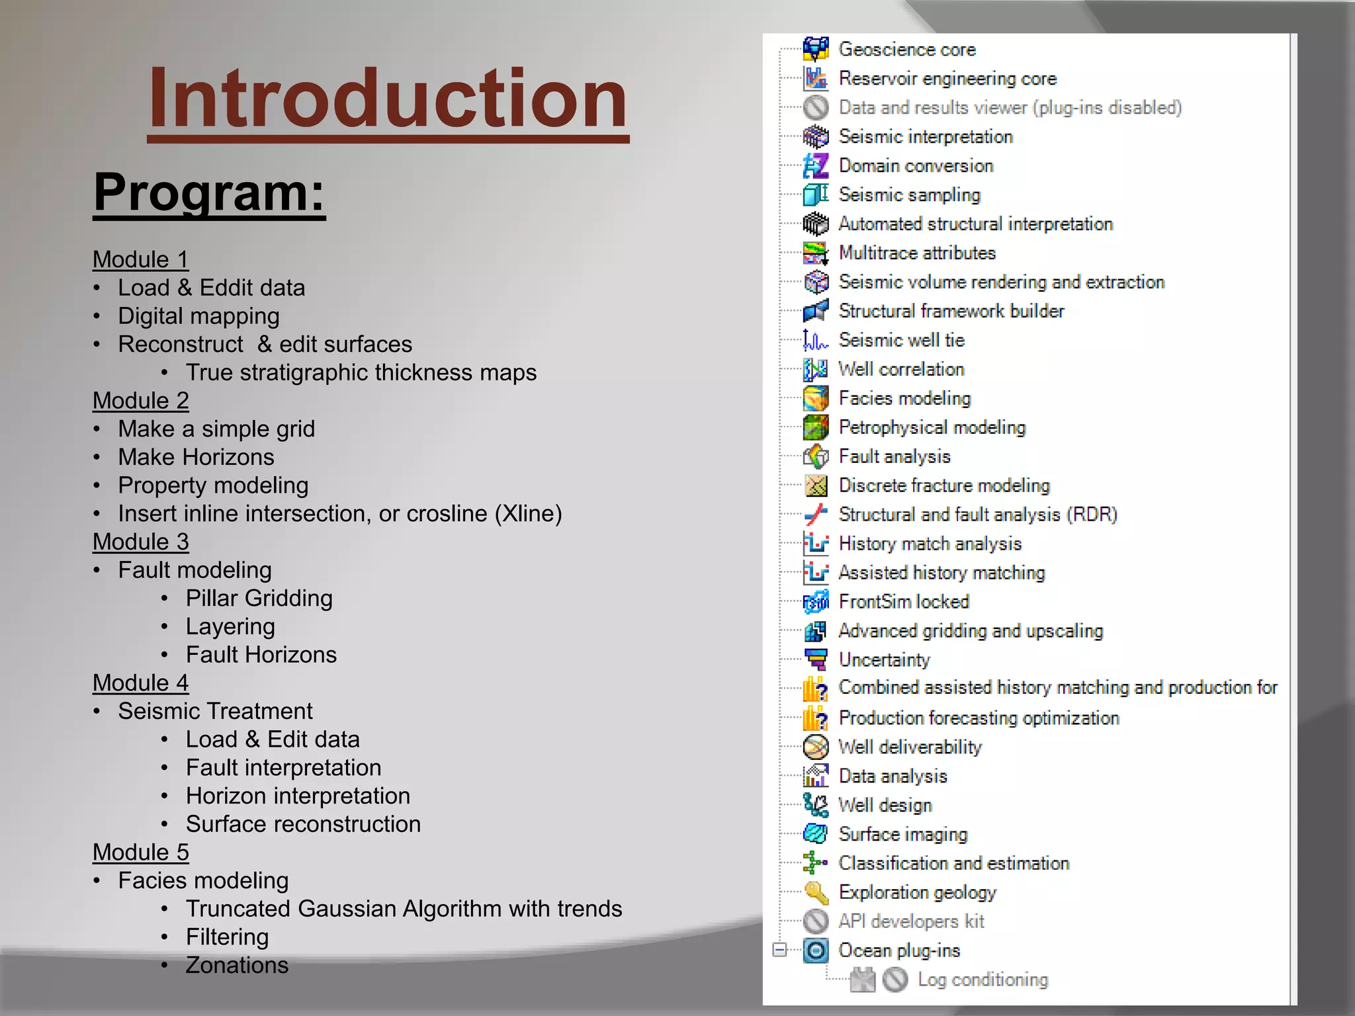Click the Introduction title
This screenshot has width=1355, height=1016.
click(388, 99)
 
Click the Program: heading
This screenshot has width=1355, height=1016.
click(209, 192)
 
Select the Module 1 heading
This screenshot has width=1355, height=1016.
click(140, 259)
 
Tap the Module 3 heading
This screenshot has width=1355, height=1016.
click(140, 542)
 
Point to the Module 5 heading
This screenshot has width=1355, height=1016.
click(140, 852)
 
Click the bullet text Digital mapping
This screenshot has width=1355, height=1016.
click(198, 316)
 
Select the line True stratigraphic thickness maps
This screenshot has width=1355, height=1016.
click(361, 372)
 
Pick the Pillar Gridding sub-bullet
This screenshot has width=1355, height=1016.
click(259, 598)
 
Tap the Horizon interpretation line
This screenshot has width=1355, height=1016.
click(298, 796)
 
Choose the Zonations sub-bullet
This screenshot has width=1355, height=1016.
click(237, 965)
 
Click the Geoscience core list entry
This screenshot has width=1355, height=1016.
click(906, 50)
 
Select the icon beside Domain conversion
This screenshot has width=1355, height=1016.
click(816, 165)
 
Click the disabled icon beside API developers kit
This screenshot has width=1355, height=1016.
click(816, 921)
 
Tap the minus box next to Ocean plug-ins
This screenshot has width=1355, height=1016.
click(780, 950)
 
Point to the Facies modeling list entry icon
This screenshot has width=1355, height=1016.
click(816, 398)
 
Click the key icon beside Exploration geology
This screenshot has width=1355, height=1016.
click(816, 892)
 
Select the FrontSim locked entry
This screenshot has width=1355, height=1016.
click(903, 602)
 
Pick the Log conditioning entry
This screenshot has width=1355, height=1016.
click(982, 980)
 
